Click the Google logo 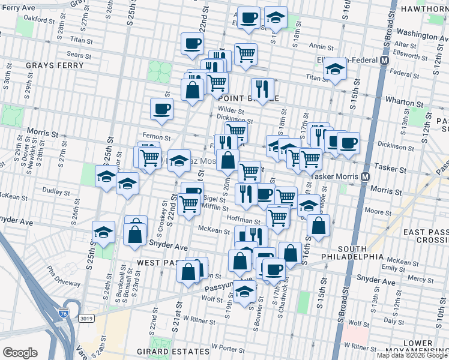pyautogui.click(x=20, y=352)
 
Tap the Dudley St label pyautogui.click(x=56, y=191)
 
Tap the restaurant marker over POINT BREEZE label pyautogui.click(x=262, y=89)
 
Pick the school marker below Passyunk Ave pyautogui.click(x=245, y=292)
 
